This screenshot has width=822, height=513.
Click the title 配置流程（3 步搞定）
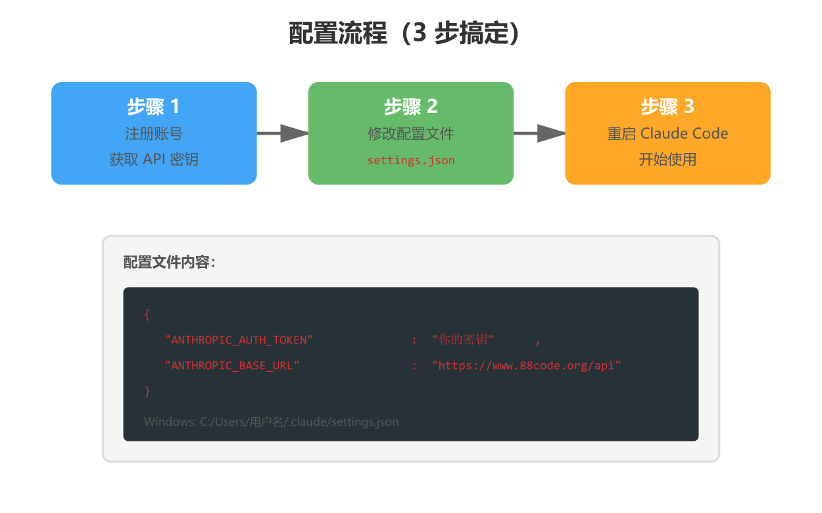(x=404, y=33)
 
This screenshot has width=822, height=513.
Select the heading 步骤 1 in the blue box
(x=153, y=106)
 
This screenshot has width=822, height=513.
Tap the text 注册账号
(x=153, y=134)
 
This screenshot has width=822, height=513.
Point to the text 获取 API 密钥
(x=153, y=160)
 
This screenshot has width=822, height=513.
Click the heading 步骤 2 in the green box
(x=410, y=106)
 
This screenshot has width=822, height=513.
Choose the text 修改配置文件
(x=410, y=134)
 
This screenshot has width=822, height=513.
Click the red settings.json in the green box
(x=410, y=160)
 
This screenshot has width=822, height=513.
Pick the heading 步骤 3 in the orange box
(x=667, y=106)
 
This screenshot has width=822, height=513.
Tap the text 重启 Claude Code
(x=667, y=134)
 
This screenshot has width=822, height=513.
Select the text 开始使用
(x=667, y=160)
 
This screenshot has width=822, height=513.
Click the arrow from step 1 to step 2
(x=282, y=133)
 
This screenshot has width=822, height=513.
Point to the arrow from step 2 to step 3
(x=539, y=133)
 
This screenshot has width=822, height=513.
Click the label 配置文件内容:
(x=170, y=262)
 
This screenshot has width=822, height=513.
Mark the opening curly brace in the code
(x=147, y=315)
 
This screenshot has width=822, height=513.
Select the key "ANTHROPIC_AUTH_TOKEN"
(x=239, y=340)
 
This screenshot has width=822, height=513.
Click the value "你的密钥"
(x=463, y=340)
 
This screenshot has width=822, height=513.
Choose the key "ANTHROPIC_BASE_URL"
(x=232, y=366)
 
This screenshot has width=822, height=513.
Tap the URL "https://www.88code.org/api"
(x=526, y=366)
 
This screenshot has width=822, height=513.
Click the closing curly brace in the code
(x=147, y=391)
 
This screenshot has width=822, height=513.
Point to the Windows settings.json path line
(x=271, y=422)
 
